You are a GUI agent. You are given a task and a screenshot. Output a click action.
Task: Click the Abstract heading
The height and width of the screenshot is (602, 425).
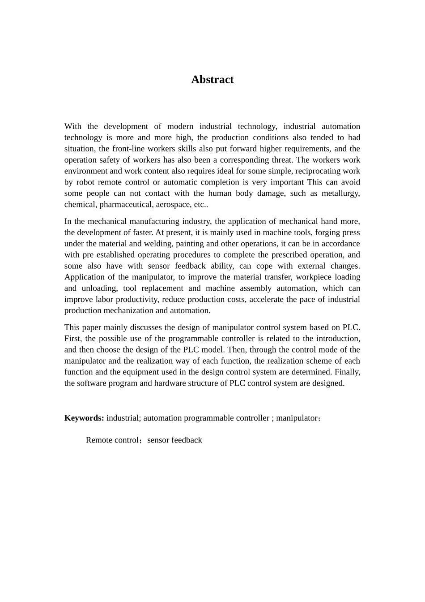click(212, 80)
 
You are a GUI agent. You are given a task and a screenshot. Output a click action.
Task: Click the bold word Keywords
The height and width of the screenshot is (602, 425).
click(84, 418)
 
